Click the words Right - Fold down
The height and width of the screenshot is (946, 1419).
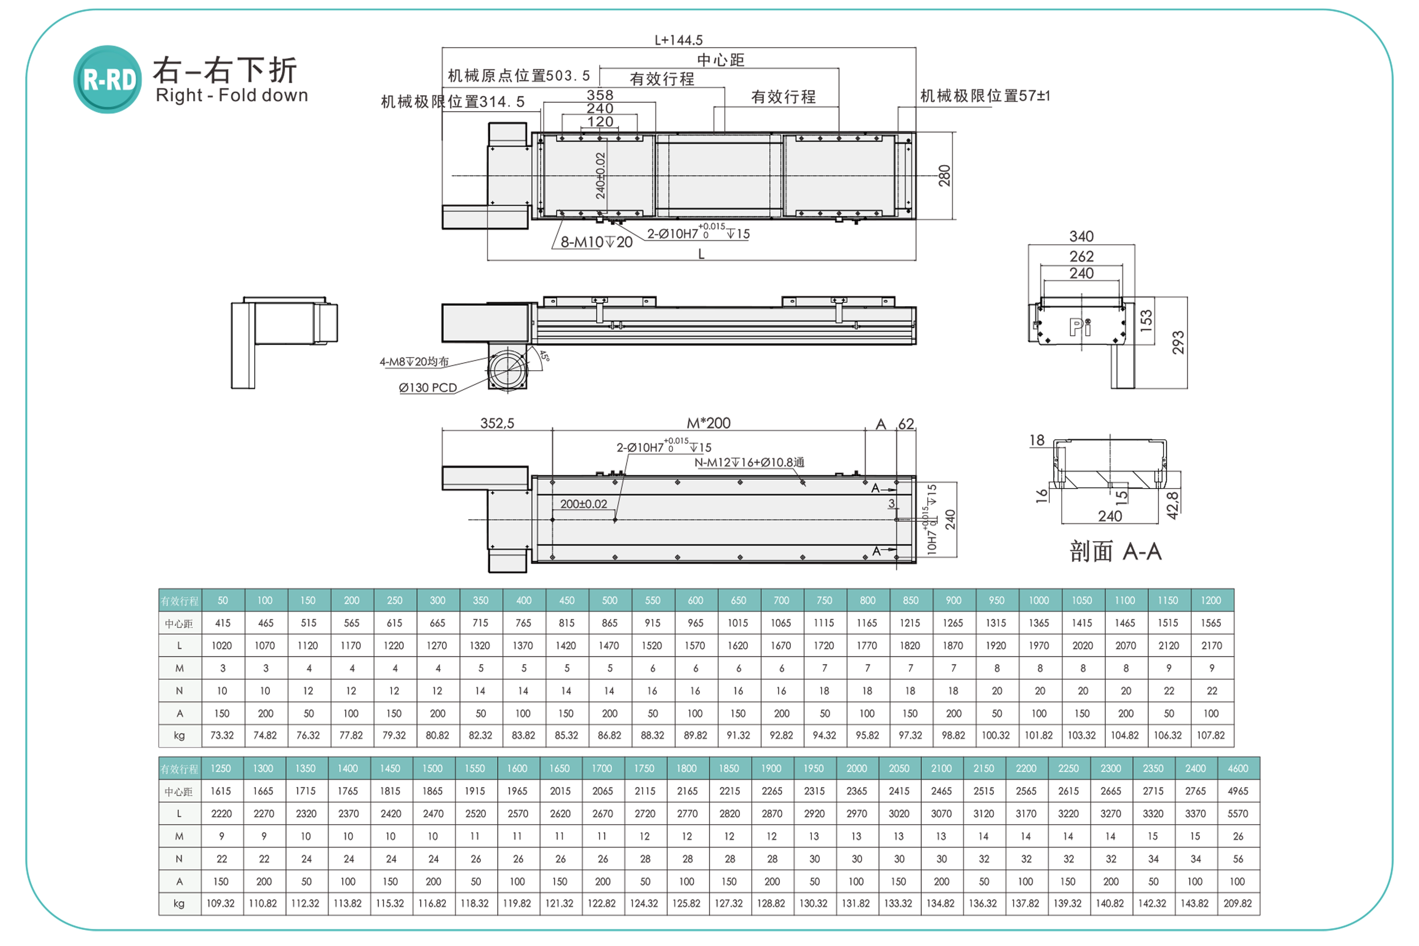click(232, 95)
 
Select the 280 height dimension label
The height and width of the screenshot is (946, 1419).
click(945, 176)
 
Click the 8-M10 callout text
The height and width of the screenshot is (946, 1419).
click(596, 242)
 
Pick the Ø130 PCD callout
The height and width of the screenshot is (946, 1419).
click(428, 388)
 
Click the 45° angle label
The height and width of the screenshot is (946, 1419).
click(544, 356)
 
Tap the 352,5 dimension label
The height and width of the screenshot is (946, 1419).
click(497, 424)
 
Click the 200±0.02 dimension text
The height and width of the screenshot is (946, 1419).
click(583, 504)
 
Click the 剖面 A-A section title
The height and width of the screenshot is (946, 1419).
click(1115, 552)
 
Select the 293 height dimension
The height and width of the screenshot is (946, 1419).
click(1178, 343)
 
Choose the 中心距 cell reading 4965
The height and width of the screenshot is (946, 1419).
click(1237, 791)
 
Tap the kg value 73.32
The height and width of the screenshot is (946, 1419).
click(222, 735)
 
